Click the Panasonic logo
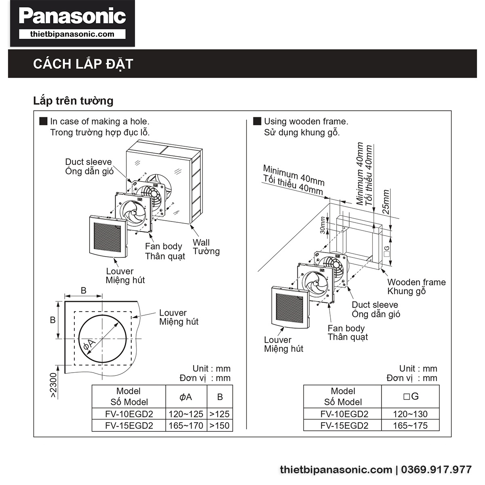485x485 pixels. pyautogui.click(x=72, y=17)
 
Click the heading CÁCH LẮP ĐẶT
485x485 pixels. pyautogui.click(x=83, y=64)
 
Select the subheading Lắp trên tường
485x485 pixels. pyautogui.click(x=73, y=101)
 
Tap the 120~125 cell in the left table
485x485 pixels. pyautogui.click(x=186, y=414)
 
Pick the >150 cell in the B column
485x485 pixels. pyautogui.click(x=219, y=426)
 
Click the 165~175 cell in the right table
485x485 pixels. pyautogui.click(x=410, y=426)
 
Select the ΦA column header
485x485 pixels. pyautogui.click(x=186, y=397)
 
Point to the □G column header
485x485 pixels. pyautogui.click(x=410, y=396)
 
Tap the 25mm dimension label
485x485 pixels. pyautogui.click(x=386, y=202)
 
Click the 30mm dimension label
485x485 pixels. pyautogui.click(x=323, y=225)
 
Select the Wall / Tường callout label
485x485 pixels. pyautogui.click(x=206, y=247)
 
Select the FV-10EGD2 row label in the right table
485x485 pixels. pyautogui.click(x=344, y=414)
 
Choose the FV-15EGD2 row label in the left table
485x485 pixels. pyautogui.click(x=129, y=426)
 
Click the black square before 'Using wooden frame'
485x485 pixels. pyautogui.click(x=257, y=121)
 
